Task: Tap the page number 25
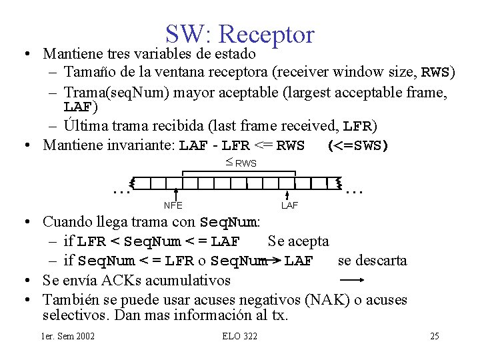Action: [x=434, y=335]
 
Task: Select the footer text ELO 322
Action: [x=239, y=335]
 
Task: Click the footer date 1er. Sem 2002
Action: [x=67, y=335]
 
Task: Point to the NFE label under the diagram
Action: [x=173, y=205]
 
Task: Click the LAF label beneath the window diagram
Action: [x=289, y=205]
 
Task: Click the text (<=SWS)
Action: [x=358, y=145]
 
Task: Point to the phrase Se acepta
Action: [x=298, y=241]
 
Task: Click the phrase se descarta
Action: [x=372, y=260]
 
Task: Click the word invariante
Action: [x=142, y=145]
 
